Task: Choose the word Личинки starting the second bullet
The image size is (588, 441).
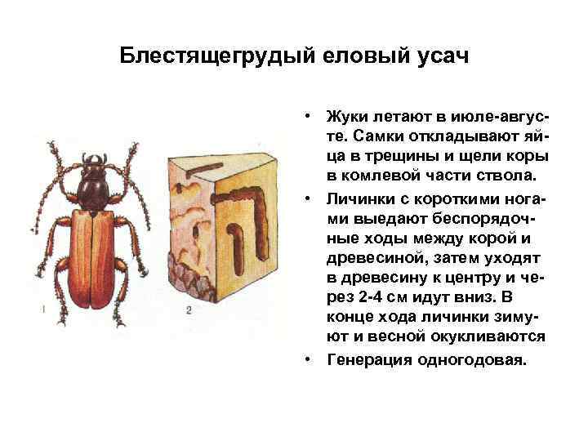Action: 359,199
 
